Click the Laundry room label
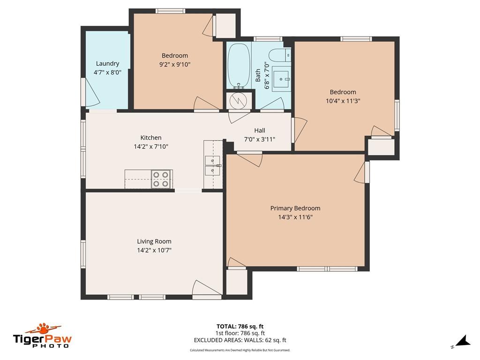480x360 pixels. pyautogui.click(x=107, y=63)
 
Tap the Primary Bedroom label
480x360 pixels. pyautogui.click(x=295, y=208)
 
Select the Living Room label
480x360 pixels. pyautogui.click(x=154, y=241)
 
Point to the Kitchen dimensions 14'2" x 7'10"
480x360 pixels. pyautogui.click(x=151, y=146)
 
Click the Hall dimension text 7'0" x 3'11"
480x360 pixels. pyautogui.click(x=260, y=139)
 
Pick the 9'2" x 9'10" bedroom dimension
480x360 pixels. pyautogui.click(x=175, y=64)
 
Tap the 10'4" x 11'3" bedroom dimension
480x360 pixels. pyautogui.click(x=343, y=101)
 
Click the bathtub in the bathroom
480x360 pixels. pyautogui.click(x=239, y=66)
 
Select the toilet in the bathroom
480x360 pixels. pyautogui.click(x=279, y=55)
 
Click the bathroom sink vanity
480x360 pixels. pyautogui.click(x=281, y=79)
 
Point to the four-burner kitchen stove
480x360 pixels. pyautogui.click(x=161, y=179)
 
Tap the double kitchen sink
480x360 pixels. pyautogui.click(x=213, y=165)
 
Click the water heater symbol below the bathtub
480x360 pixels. pyautogui.click(x=238, y=100)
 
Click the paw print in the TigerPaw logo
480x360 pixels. pyautogui.click(x=46, y=329)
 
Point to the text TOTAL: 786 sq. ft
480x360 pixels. pyautogui.click(x=240, y=326)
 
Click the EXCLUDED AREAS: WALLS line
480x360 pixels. pyautogui.click(x=240, y=340)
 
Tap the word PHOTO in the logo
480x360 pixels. pyautogui.click(x=51, y=346)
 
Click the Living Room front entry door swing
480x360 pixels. pyautogui.click(x=206, y=288)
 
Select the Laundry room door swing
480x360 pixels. pyautogui.click(x=92, y=92)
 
